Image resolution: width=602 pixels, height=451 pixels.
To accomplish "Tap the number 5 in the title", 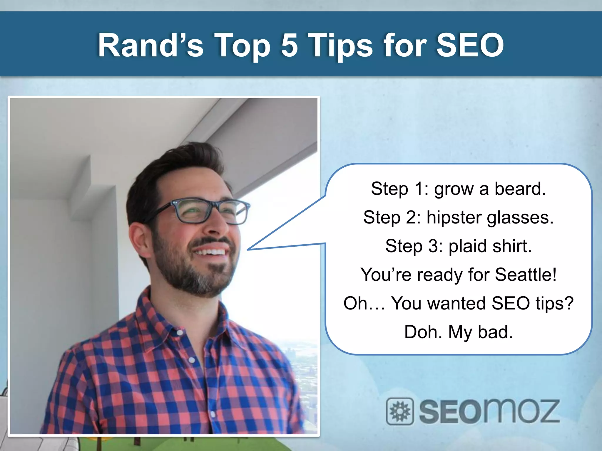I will tap(290, 46).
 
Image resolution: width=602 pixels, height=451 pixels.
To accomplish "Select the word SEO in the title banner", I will tap(470, 46).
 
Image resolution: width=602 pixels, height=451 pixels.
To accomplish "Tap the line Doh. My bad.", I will tap(458, 332).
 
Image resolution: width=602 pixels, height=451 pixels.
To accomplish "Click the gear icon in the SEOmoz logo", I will tap(400, 411).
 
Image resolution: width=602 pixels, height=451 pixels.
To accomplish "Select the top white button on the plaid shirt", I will tap(180, 332).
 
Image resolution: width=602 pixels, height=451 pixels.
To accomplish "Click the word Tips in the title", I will tap(341, 46).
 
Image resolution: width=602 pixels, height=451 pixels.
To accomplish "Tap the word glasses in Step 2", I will tap(520, 218).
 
